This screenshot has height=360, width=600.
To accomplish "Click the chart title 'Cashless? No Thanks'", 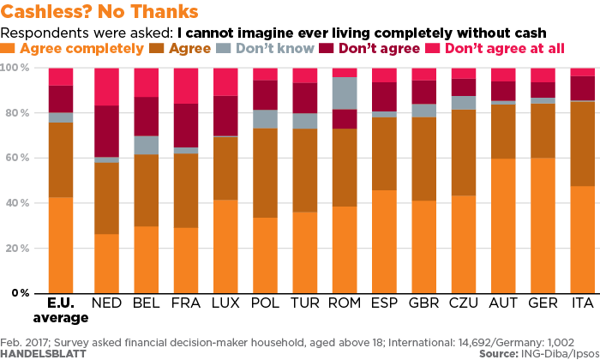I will [x=101, y=13].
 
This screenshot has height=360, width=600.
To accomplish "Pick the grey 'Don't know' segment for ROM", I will [x=345, y=93].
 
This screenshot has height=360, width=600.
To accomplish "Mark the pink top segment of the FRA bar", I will [x=186, y=86].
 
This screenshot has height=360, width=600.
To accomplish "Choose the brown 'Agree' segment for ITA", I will [x=583, y=144].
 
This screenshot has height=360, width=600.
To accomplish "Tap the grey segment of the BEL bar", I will [x=147, y=145].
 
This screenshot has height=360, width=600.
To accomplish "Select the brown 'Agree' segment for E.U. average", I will [x=61, y=160].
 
